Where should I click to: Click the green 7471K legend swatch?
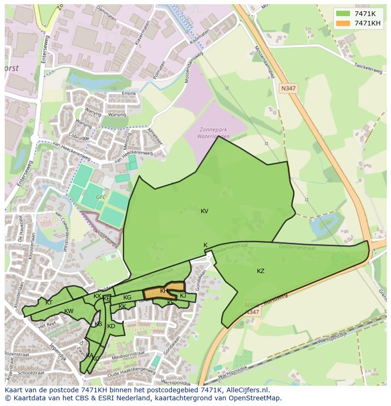pos(343,14)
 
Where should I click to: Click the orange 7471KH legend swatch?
pos(343,23)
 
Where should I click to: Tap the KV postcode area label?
pos(204,211)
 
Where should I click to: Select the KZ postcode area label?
pos(261,271)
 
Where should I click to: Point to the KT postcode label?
pos(49,303)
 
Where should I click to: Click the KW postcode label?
pos(69,311)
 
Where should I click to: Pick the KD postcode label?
pos(111,326)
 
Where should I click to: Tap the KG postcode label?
pos(127,298)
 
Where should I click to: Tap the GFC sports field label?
pos(101,197)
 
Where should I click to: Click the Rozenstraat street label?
pos(18,353)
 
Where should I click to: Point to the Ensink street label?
pos(129,93)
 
